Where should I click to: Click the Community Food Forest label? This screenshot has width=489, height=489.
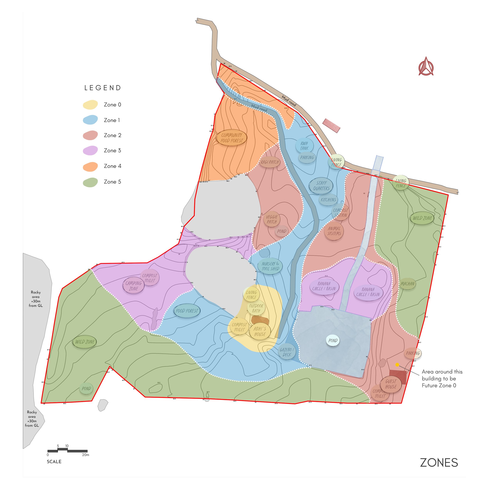click(x=231, y=138)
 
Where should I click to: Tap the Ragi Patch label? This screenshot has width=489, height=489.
click(x=270, y=162)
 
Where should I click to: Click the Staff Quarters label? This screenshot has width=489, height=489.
click(x=321, y=186)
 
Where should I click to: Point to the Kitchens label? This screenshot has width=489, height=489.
click(x=328, y=200)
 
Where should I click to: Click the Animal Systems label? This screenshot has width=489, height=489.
click(x=334, y=231)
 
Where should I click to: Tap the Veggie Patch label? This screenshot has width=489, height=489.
click(x=271, y=219)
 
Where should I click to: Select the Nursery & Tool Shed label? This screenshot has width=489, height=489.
click(x=270, y=266)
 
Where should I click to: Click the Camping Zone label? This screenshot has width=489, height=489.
click(x=133, y=286)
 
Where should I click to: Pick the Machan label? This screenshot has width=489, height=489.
click(x=407, y=284)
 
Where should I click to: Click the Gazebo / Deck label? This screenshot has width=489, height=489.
click(x=287, y=352)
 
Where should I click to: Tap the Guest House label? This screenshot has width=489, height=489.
click(x=391, y=384)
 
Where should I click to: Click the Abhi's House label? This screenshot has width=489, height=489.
click(x=260, y=331)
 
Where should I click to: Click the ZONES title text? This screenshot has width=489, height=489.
click(x=439, y=463)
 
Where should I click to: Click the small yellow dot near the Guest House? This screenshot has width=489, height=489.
click(x=397, y=365)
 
